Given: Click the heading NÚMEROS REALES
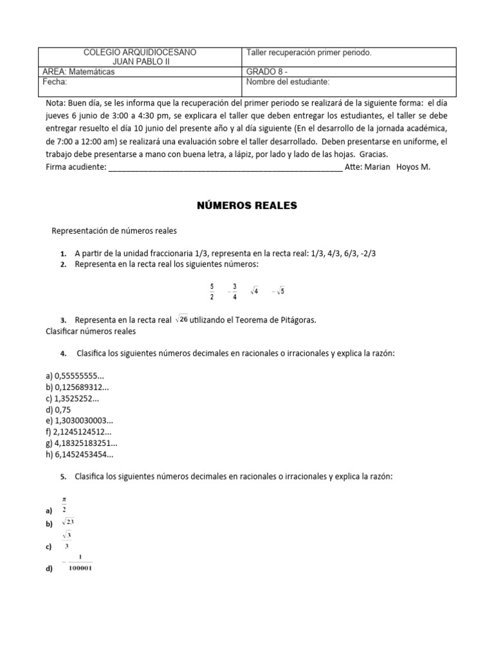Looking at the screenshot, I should [246, 205].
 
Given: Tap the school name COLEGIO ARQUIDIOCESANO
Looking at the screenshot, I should [141, 52].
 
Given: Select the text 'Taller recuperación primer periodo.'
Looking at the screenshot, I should [308, 52].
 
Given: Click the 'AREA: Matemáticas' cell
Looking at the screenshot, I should [78, 72].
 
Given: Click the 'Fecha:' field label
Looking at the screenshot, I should [55, 82].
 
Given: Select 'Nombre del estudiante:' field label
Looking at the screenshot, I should [288, 82].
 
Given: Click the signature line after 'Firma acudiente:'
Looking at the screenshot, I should [225, 167].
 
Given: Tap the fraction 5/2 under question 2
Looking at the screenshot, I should [212, 291].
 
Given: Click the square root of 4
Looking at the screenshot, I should [255, 292].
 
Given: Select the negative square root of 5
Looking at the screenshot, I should [278, 292].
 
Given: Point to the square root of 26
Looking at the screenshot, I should [181, 319].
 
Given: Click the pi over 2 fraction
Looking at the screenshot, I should [64, 504].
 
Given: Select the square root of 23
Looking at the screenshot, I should [68, 522].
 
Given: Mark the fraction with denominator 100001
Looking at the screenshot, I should [78, 562].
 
